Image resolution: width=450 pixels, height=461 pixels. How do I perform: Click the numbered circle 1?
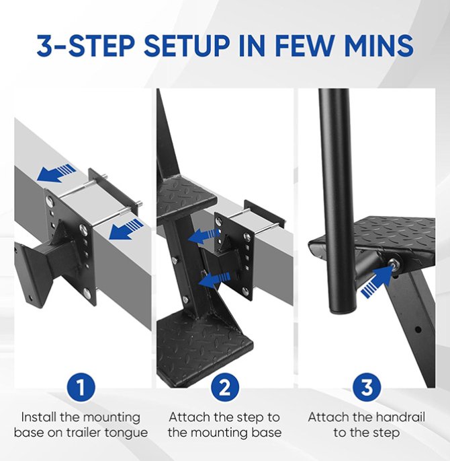(x=81, y=387)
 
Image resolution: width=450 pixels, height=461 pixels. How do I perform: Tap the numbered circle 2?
(x=225, y=387)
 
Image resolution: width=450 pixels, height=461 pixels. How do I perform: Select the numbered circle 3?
(x=367, y=387)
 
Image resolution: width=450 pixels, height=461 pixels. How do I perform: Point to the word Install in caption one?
(x=39, y=417)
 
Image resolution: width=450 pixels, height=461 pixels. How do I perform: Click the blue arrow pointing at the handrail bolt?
(x=377, y=281)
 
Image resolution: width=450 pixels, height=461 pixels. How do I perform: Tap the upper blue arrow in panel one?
(x=56, y=172)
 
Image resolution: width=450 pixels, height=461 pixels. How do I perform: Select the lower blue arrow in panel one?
(x=126, y=229)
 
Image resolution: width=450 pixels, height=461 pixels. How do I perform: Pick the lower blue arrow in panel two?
(x=214, y=279)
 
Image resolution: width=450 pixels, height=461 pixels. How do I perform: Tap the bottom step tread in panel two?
(x=204, y=345)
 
